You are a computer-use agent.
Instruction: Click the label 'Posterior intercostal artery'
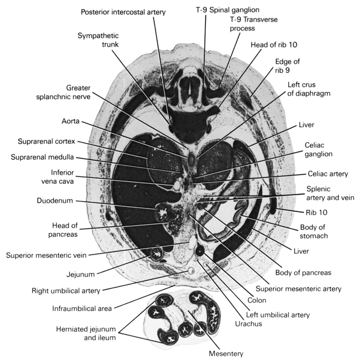click(122, 12)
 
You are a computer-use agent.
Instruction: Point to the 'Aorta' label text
click(70, 122)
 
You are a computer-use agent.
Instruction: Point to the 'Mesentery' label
click(226, 354)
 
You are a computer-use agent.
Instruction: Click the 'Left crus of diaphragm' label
click(309, 89)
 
